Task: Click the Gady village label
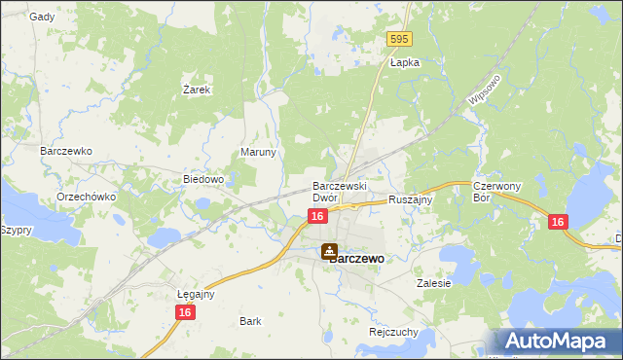point(42,17)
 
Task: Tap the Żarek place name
point(198,89)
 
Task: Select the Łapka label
point(404,61)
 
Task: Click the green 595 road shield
point(399,39)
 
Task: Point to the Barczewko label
point(65,152)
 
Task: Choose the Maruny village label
point(259,153)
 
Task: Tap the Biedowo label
point(204,179)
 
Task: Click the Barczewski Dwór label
point(338,191)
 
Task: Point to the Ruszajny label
point(410,198)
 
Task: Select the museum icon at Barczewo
point(330,251)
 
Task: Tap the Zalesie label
point(433,283)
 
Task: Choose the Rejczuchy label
point(394,331)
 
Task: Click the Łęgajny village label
point(196,293)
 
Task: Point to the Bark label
point(250,320)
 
